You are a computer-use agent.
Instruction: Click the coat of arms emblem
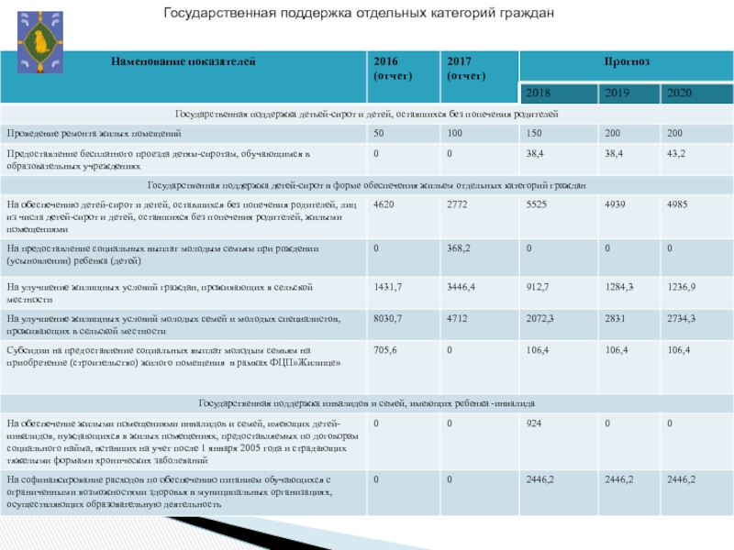point(40,41)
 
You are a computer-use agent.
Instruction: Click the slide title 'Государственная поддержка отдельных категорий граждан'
point(359,14)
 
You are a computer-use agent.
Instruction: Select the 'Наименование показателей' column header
point(183,61)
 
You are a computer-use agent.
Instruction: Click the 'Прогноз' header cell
point(626,61)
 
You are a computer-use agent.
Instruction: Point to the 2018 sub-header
point(540,93)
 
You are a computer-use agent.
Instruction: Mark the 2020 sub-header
point(680,93)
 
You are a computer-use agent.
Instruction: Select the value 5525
point(538,205)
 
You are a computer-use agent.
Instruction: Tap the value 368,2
point(460,247)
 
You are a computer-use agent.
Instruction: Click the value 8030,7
point(389,317)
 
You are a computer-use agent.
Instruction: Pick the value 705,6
point(386,350)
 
